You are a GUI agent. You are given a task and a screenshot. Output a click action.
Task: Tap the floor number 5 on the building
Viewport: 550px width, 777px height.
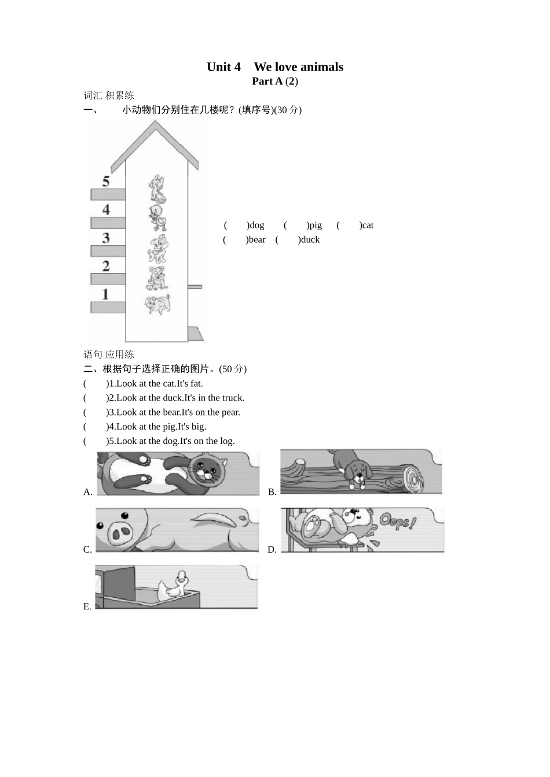[106, 181]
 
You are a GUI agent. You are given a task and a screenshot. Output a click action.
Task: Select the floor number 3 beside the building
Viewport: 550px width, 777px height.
[106, 238]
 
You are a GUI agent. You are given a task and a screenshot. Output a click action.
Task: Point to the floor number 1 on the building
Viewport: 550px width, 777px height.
[105, 294]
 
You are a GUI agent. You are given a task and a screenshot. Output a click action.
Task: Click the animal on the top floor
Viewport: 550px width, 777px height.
[157, 188]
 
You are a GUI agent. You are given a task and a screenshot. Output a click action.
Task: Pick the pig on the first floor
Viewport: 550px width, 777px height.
[157, 304]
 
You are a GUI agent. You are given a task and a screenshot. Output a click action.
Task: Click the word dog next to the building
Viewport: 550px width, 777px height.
[256, 225]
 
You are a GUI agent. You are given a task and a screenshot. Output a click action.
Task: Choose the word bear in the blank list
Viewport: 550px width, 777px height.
[257, 240]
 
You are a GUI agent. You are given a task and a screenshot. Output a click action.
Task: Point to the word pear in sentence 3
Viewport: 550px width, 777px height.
[230, 412]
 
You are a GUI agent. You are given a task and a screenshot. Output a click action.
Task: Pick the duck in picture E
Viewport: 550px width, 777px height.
[173, 586]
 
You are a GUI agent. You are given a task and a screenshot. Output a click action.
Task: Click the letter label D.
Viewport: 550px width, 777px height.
[272, 550]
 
